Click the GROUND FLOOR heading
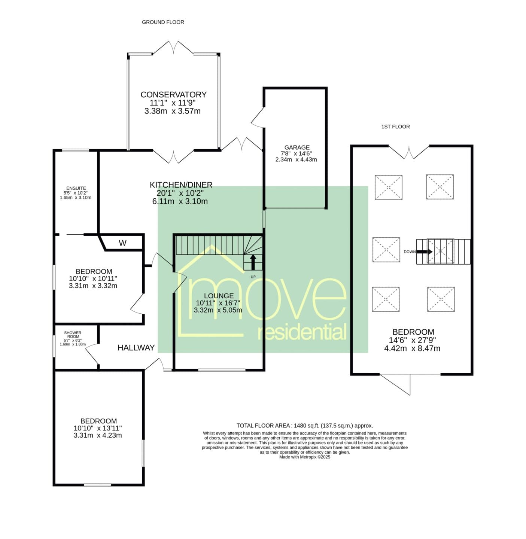163,22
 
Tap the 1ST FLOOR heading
395,127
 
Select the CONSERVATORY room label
173,94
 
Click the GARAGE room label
297,147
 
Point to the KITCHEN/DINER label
181,185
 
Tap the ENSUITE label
76,188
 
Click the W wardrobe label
122,243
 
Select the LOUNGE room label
219,296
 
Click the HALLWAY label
136,348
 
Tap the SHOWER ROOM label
73,335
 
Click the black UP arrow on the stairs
253,262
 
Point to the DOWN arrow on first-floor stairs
424,252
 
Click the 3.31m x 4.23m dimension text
97,435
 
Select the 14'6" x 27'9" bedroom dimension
412,340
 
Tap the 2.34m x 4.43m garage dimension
296,159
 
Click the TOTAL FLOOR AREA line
305,426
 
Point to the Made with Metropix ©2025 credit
305,457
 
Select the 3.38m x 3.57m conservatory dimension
173,111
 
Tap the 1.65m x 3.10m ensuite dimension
75,198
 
